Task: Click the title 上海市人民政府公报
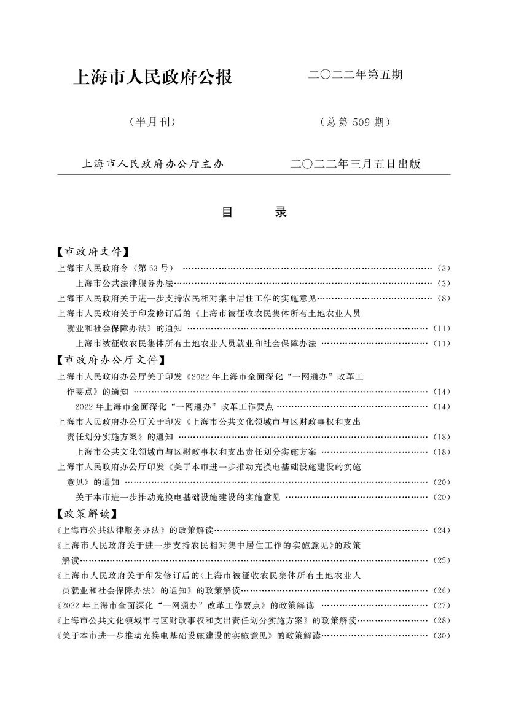[x=152, y=78]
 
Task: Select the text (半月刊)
[x=152, y=122]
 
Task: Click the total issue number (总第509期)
[x=355, y=122]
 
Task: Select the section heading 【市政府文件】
[x=92, y=252]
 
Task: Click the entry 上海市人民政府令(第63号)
[x=116, y=268]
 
